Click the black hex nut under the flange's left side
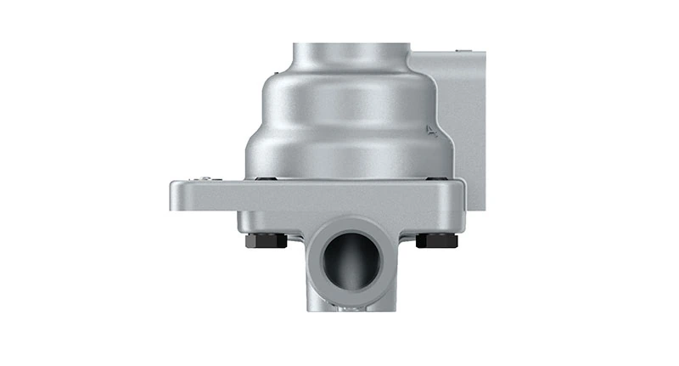(265, 240)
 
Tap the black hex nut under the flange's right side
(436, 240)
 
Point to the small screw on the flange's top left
(205, 177)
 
